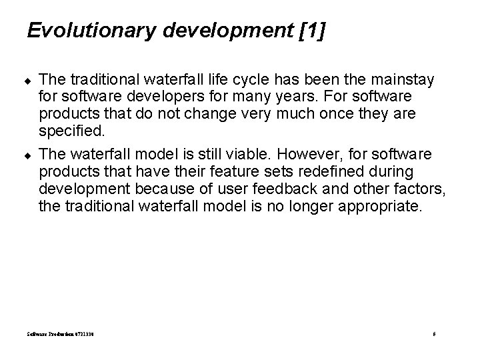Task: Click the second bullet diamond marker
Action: coord(30,155)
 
